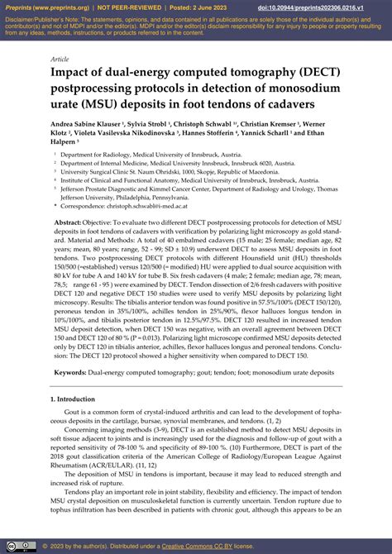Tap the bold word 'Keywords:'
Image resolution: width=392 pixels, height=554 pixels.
pyautogui.click(x=72, y=374)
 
